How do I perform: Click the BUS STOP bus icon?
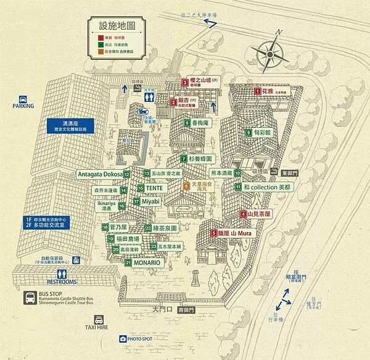coord(30,299)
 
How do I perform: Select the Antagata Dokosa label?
coord(100,175)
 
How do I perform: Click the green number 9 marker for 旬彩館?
coord(249,132)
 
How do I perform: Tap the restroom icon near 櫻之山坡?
coord(149,97)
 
